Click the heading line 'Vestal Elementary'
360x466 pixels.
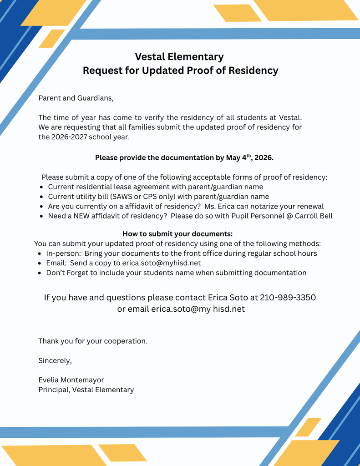(x=179, y=57)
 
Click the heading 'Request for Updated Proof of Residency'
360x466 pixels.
(x=180, y=71)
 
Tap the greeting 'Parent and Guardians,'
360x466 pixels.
(x=76, y=98)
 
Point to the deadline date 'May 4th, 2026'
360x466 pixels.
(x=249, y=158)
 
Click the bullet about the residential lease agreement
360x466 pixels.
(x=155, y=187)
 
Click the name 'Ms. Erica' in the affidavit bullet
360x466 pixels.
(x=221, y=206)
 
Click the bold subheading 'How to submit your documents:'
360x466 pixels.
(x=177, y=234)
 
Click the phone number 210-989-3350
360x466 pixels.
(x=288, y=298)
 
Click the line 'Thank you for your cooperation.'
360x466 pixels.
(x=93, y=341)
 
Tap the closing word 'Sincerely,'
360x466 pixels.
(x=55, y=361)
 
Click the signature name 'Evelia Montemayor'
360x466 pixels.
(x=71, y=380)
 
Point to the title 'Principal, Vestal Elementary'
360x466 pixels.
(x=86, y=390)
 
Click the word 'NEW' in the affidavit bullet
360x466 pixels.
(x=82, y=216)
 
